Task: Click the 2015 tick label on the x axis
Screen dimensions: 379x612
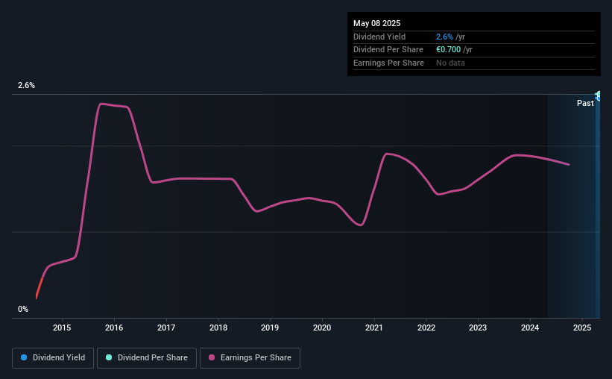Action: point(62,328)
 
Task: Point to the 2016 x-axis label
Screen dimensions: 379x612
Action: point(114,328)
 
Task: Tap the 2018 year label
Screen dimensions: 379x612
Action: point(218,328)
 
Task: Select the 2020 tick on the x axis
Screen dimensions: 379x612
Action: point(322,328)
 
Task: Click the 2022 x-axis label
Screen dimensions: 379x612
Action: point(426,328)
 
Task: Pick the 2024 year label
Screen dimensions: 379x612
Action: point(530,328)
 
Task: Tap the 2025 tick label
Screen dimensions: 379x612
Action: point(582,328)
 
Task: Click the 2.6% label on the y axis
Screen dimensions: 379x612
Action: point(27,86)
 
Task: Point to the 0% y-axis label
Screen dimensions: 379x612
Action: point(23,309)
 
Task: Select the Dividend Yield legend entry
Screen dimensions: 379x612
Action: point(53,358)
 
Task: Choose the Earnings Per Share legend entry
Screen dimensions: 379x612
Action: point(250,358)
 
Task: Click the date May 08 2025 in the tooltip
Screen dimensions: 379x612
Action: point(377,22)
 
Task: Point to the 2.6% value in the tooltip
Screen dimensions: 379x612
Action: point(444,36)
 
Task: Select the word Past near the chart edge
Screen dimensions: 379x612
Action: point(585,103)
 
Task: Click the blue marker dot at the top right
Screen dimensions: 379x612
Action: point(598,95)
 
